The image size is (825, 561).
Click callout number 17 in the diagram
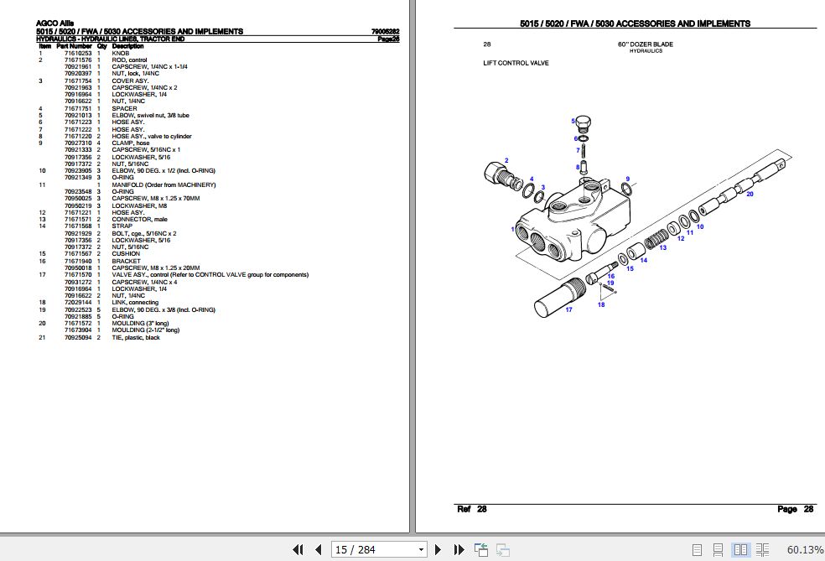click(568, 310)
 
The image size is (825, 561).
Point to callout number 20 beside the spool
click(750, 194)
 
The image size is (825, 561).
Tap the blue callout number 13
click(663, 247)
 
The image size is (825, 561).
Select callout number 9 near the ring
click(626, 179)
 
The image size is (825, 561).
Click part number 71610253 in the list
click(78, 54)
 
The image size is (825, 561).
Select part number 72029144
click(78, 303)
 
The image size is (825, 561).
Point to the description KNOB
click(121, 54)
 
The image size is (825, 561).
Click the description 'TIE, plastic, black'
click(136, 338)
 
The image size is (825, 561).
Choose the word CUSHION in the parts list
click(127, 253)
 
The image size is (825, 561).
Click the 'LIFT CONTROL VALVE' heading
click(516, 63)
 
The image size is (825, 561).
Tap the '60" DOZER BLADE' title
click(645, 44)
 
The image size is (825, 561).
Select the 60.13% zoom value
click(805, 550)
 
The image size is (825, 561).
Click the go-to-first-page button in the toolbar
click(298, 550)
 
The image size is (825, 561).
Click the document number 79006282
click(385, 32)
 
